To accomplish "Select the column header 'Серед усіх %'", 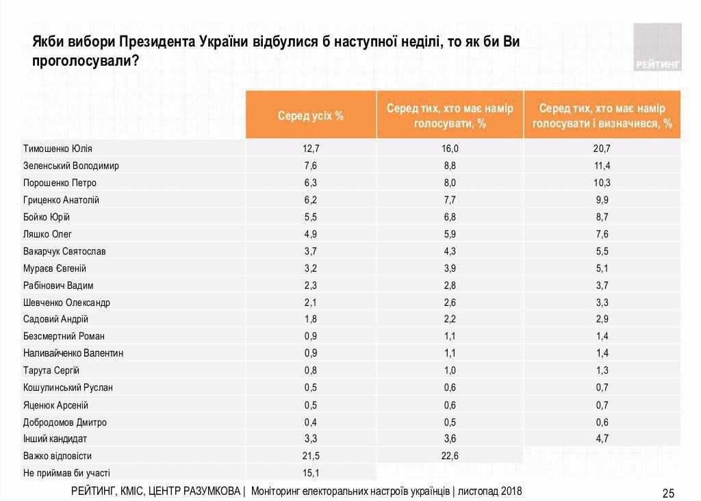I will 311,116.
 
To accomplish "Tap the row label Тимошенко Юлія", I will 58,149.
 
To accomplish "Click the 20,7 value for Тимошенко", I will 602,149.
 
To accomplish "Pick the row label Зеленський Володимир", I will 71,166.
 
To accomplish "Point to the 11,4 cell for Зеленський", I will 602,166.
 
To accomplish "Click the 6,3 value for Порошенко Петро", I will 311,183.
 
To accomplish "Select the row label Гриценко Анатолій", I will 62,200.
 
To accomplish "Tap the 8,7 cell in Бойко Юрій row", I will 602,217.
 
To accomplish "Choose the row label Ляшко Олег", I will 47,234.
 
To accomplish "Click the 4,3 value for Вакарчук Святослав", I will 450,251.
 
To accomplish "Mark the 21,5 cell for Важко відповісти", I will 311,456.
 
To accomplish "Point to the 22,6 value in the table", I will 450,456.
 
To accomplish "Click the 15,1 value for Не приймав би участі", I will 311,473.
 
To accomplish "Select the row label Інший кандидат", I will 55,439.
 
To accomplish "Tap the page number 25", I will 668,493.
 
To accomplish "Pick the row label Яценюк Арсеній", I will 56,405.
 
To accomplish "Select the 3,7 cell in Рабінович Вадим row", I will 602,285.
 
